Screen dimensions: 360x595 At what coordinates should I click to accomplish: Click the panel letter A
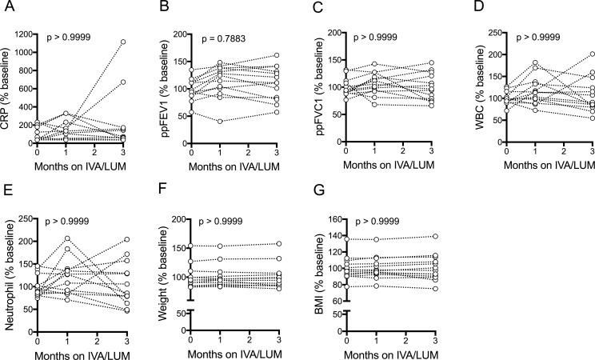tap(6, 9)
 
